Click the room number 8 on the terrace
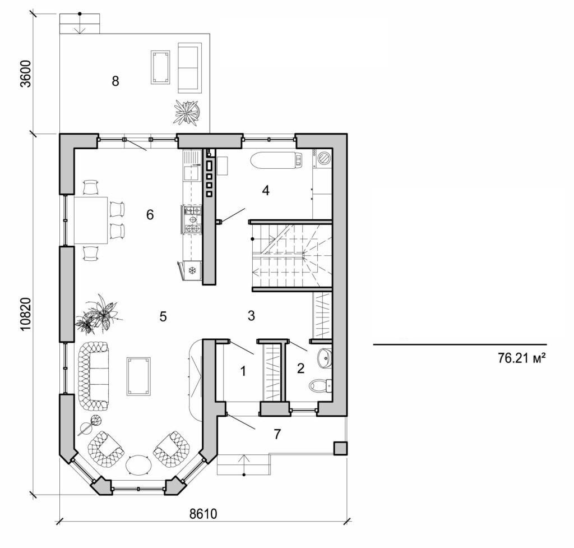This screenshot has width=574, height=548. pyautogui.click(x=115, y=81)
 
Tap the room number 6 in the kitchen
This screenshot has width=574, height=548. pyautogui.click(x=150, y=214)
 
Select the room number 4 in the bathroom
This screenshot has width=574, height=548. pyautogui.click(x=266, y=191)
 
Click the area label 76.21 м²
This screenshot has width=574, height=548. pyautogui.click(x=521, y=358)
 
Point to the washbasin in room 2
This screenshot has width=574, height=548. pyautogui.click(x=324, y=357)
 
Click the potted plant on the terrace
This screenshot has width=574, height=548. pyautogui.click(x=187, y=112)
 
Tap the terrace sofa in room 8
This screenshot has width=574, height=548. pyautogui.click(x=191, y=67)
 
